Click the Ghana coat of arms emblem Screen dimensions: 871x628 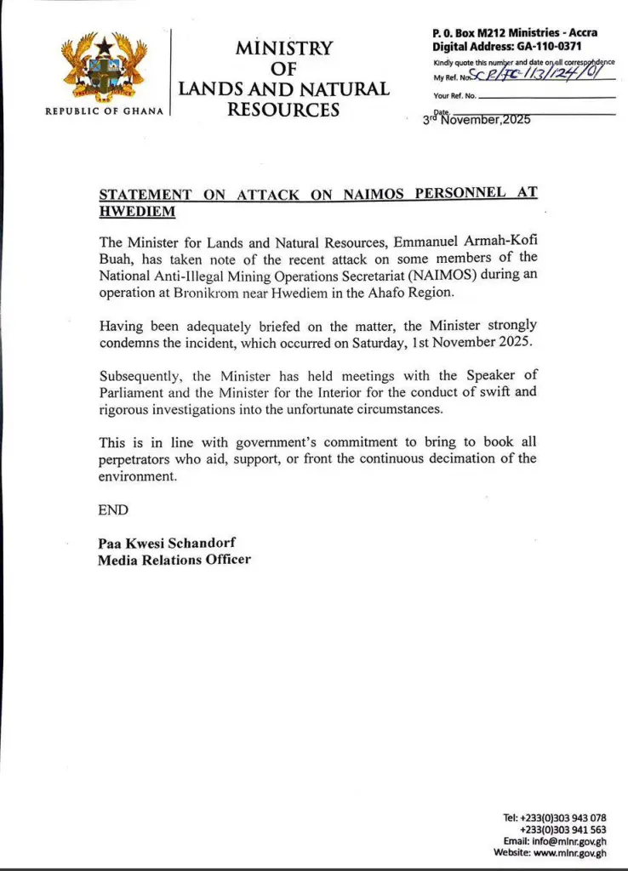point(104,69)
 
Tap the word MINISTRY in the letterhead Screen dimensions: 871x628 point(283,48)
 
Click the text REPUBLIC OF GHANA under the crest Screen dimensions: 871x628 point(104,111)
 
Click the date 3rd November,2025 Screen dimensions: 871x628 point(477,120)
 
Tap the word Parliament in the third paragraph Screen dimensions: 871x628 point(140,392)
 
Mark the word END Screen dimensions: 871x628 point(113,510)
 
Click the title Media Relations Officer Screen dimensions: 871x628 point(174,560)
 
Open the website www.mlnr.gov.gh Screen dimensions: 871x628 point(570,852)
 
